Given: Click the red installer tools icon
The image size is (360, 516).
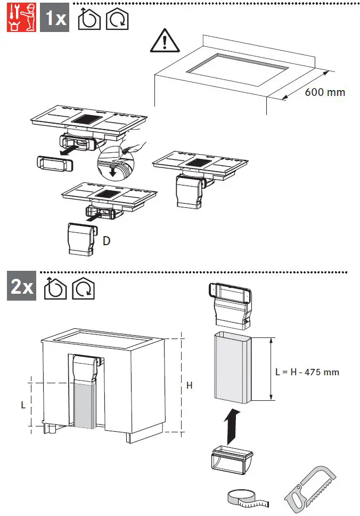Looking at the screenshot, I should point(20,18).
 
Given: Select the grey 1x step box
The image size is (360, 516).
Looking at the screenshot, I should point(55,18).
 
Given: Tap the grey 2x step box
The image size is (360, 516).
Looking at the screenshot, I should point(21,288).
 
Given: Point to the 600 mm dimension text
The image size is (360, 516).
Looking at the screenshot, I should point(325,92).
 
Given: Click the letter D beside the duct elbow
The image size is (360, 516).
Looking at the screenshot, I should point(107,241).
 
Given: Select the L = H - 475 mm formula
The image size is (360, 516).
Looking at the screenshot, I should point(307,372).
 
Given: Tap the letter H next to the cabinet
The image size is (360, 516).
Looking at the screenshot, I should point(189,385).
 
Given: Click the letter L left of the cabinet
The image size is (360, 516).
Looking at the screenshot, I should point(23,405).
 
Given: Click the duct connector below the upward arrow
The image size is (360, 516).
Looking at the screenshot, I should point(232,461).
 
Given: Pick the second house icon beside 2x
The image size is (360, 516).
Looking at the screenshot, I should point(83,288).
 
